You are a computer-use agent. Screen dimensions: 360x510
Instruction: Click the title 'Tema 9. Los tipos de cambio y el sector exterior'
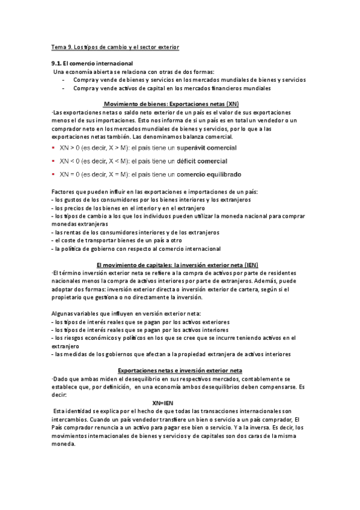point(115,47)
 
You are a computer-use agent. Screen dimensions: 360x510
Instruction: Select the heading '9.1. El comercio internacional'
point(92,63)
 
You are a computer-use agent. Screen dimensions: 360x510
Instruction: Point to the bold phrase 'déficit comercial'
point(201,161)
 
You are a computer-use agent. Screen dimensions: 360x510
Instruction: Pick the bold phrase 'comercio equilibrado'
point(209,174)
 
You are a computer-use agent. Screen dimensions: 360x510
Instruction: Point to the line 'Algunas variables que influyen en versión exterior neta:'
point(127,313)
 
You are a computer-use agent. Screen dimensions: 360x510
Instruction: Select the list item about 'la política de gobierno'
point(128,248)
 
